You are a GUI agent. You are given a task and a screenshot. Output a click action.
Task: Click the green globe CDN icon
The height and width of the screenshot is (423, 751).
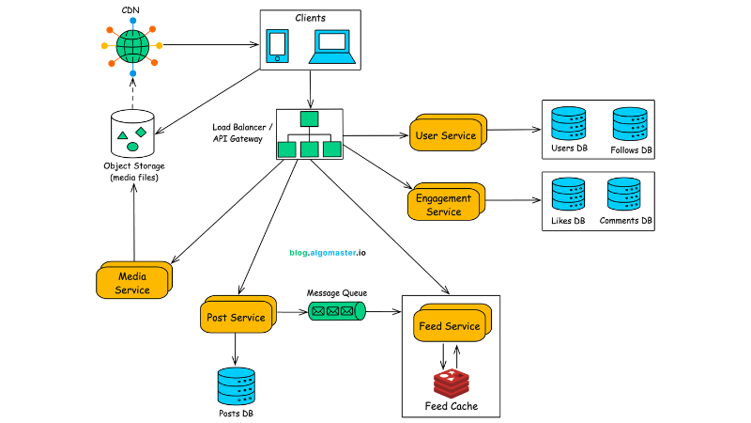click(132, 44)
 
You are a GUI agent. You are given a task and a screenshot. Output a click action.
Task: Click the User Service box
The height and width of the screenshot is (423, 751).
click(446, 135)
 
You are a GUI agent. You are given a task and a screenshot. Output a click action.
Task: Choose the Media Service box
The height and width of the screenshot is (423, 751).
click(132, 282)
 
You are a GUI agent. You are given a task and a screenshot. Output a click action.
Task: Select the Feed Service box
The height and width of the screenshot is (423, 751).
click(449, 326)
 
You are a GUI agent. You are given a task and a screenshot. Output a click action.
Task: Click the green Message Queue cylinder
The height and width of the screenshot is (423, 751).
click(338, 310)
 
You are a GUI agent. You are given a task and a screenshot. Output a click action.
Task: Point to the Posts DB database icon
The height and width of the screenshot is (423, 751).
click(236, 385)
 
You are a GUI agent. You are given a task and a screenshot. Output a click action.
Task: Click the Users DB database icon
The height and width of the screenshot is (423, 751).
click(569, 124)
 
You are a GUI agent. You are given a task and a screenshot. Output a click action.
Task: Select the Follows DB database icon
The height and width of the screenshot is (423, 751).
click(631, 124)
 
